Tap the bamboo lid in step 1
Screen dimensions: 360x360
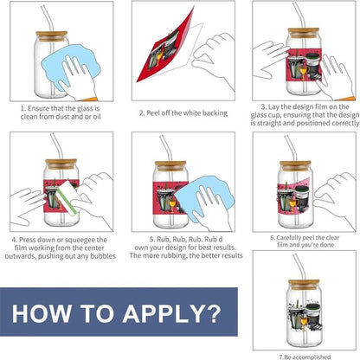(52, 35)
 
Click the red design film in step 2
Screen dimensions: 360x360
(164, 49)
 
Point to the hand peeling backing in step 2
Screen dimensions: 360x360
(214, 59)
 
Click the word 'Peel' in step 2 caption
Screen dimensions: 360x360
(153, 113)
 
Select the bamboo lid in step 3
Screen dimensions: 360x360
(304, 33)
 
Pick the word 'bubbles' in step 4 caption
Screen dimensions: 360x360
(103, 256)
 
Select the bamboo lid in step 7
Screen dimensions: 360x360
(304, 285)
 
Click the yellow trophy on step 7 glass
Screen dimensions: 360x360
(304, 323)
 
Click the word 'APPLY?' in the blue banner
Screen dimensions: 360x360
(172, 313)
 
